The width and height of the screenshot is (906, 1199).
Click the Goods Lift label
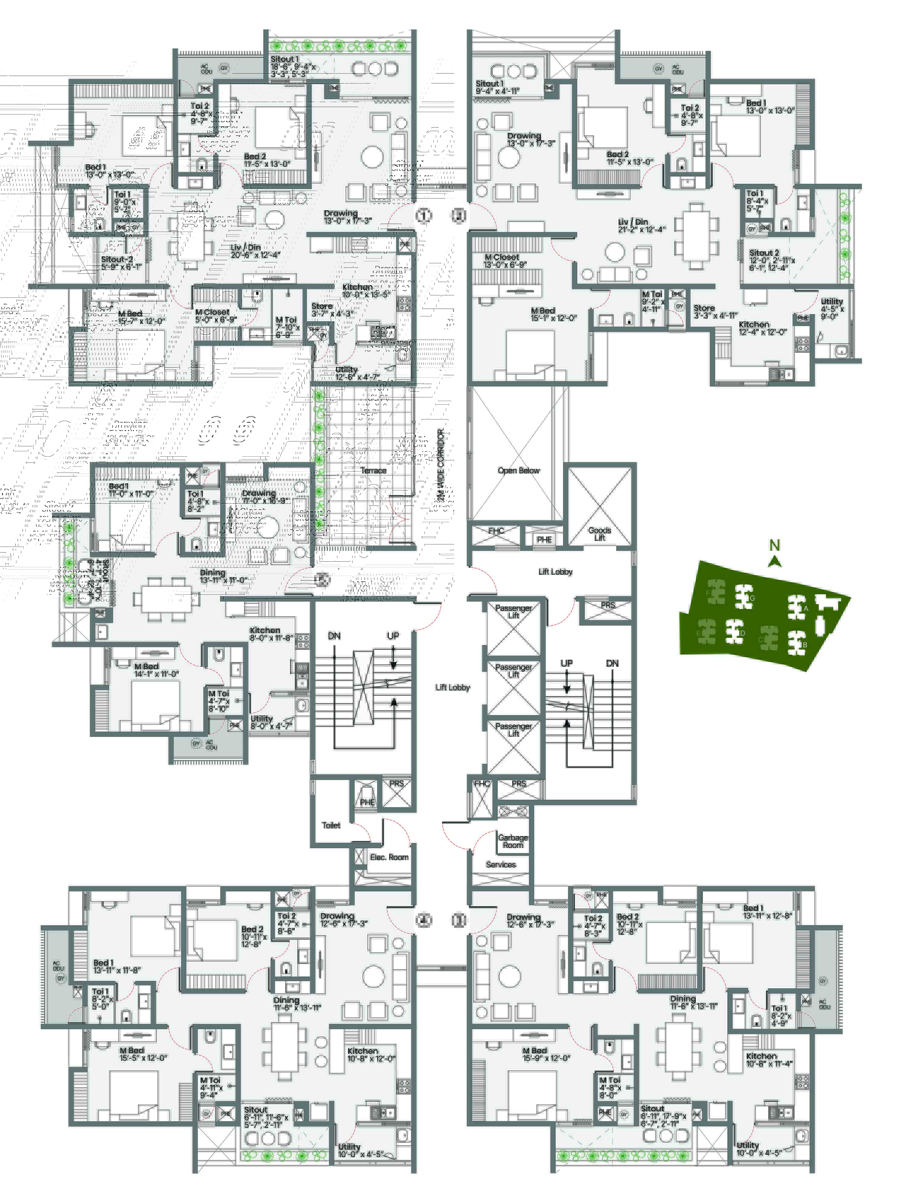599,534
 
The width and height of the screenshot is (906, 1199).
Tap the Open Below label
519,471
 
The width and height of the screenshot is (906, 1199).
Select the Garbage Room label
512,841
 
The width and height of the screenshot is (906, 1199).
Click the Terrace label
373,471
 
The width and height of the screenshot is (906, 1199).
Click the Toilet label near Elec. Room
331,825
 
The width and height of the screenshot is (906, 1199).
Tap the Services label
501,865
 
